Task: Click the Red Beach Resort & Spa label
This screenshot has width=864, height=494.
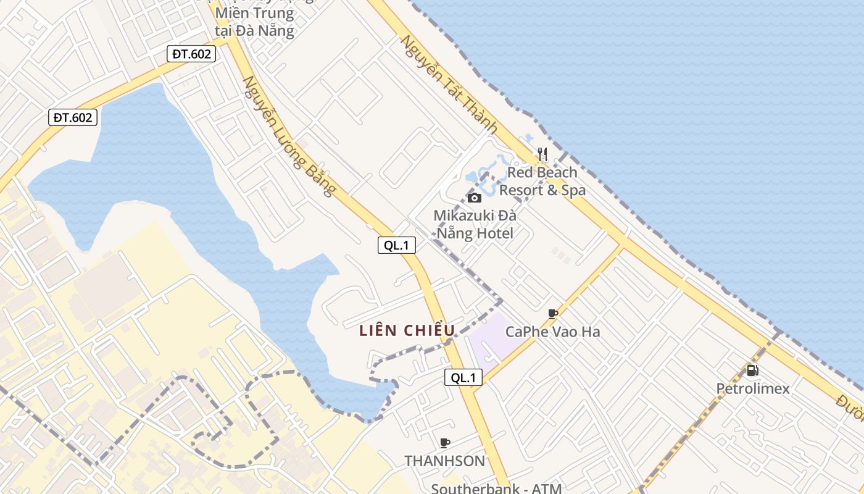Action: [542, 181]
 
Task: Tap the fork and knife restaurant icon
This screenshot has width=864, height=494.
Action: [542, 154]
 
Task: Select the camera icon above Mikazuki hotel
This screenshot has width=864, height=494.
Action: [474, 198]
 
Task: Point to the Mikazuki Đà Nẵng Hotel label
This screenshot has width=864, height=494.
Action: [475, 224]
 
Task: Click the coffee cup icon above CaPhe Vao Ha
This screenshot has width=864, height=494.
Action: [553, 314]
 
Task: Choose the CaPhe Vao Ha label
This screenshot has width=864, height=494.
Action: [552, 332]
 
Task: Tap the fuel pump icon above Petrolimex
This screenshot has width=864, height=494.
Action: [752, 371]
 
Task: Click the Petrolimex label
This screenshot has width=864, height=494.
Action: [752, 388]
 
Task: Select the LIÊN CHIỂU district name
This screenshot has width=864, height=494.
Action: [407, 330]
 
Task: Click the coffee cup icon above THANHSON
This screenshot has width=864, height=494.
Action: [444, 443]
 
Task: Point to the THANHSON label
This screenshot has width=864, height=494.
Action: [444, 461]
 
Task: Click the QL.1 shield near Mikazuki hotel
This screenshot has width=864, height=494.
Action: [396, 245]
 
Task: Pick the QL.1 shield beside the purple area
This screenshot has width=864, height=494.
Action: [463, 377]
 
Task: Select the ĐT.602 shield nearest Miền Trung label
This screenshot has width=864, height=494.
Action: [191, 54]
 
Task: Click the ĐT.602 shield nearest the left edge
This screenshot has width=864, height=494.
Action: [73, 117]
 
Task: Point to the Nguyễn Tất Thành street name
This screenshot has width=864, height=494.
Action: [449, 85]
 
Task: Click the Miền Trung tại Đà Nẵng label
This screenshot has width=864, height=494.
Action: [254, 22]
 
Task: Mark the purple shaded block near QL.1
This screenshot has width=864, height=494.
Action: [494, 340]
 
